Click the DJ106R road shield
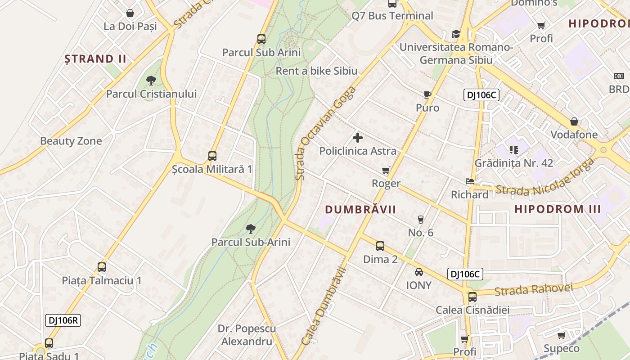click(63, 320)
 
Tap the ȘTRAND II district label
click(95, 58)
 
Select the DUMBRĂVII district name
click(360, 209)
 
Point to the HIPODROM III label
click(558, 209)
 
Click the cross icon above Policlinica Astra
click(358, 138)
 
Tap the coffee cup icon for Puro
click(427, 94)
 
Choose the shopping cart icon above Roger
click(386, 170)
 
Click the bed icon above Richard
click(469, 181)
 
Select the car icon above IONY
click(419, 272)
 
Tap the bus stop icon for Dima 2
click(380, 246)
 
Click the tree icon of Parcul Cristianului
click(151, 81)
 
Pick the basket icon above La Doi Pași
click(130, 13)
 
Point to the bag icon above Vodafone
click(574, 121)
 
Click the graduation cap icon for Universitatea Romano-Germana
click(456, 34)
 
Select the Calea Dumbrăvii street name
click(324, 306)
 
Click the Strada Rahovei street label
click(533, 289)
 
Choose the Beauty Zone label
click(71, 141)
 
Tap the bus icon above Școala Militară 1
click(212, 156)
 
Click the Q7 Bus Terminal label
click(392, 16)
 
